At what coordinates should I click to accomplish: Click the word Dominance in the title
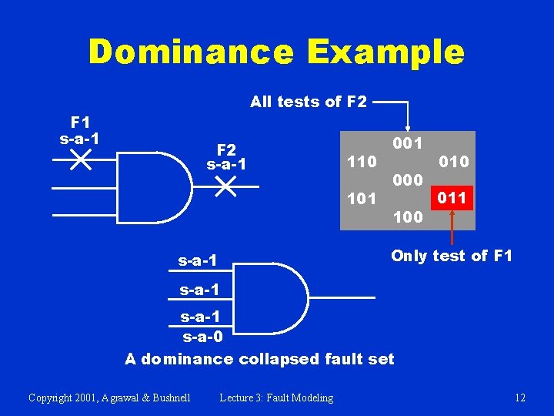point(192,53)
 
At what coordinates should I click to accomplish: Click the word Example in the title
point(385,53)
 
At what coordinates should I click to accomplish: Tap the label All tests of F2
point(309,101)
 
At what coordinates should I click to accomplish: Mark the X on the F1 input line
point(80,160)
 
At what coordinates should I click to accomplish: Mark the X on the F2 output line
point(225,186)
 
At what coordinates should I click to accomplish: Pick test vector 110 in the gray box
point(362,162)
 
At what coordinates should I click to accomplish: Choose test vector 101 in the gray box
point(362,199)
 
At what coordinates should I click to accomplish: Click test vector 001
point(407,143)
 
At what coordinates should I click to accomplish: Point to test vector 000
point(407,180)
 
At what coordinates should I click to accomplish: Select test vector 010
point(453,162)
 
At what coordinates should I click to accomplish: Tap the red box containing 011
point(452,198)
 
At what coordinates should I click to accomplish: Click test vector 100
point(407,217)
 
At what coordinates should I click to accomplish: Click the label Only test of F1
point(451,256)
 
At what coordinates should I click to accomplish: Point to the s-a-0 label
point(202,337)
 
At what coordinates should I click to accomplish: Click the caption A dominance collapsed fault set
point(259,358)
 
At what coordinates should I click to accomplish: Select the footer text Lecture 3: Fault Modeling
point(276,398)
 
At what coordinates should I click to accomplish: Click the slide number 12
point(520,398)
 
